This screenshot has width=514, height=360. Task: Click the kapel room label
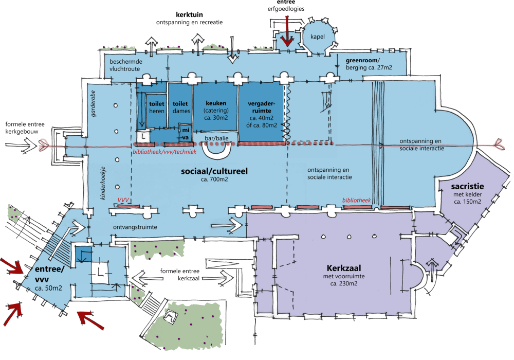317,37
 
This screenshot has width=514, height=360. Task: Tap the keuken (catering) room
216,111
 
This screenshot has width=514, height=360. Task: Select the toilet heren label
157,107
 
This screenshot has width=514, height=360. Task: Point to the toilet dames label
181,107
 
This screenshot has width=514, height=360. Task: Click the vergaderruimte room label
262,114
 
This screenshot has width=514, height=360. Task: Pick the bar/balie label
216,138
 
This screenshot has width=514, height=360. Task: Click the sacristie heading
467,187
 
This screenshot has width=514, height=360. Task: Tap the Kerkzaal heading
343,268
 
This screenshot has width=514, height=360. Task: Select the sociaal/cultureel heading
214,171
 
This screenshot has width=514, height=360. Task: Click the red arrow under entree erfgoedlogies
287,31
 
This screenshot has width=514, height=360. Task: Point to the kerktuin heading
189,15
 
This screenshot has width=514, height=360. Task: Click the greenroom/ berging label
369,64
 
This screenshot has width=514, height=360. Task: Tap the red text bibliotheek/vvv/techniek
164,152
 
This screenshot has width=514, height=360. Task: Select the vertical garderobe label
94,103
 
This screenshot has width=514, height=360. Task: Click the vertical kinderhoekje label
103,183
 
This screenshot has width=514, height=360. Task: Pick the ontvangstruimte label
135,227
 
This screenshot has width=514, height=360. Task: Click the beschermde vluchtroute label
126,65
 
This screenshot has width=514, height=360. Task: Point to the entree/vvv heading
49,274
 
